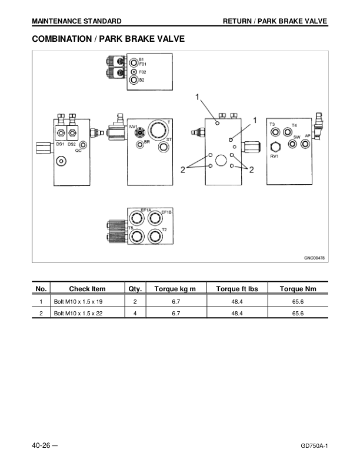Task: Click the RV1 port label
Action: tap(274, 157)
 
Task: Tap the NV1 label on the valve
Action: tap(133, 127)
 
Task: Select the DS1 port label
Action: tap(60, 144)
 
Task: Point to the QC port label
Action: tap(78, 151)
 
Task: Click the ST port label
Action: tap(169, 139)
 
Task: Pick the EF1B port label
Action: tap(166, 211)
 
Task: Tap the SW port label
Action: tap(296, 137)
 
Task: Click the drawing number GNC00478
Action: tap(314, 257)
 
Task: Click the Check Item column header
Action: tap(87, 289)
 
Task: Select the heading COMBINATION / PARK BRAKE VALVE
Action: tap(108, 39)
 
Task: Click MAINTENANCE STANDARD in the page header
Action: tap(77, 21)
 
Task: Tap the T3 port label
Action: tap(272, 124)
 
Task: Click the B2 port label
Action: tap(142, 80)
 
